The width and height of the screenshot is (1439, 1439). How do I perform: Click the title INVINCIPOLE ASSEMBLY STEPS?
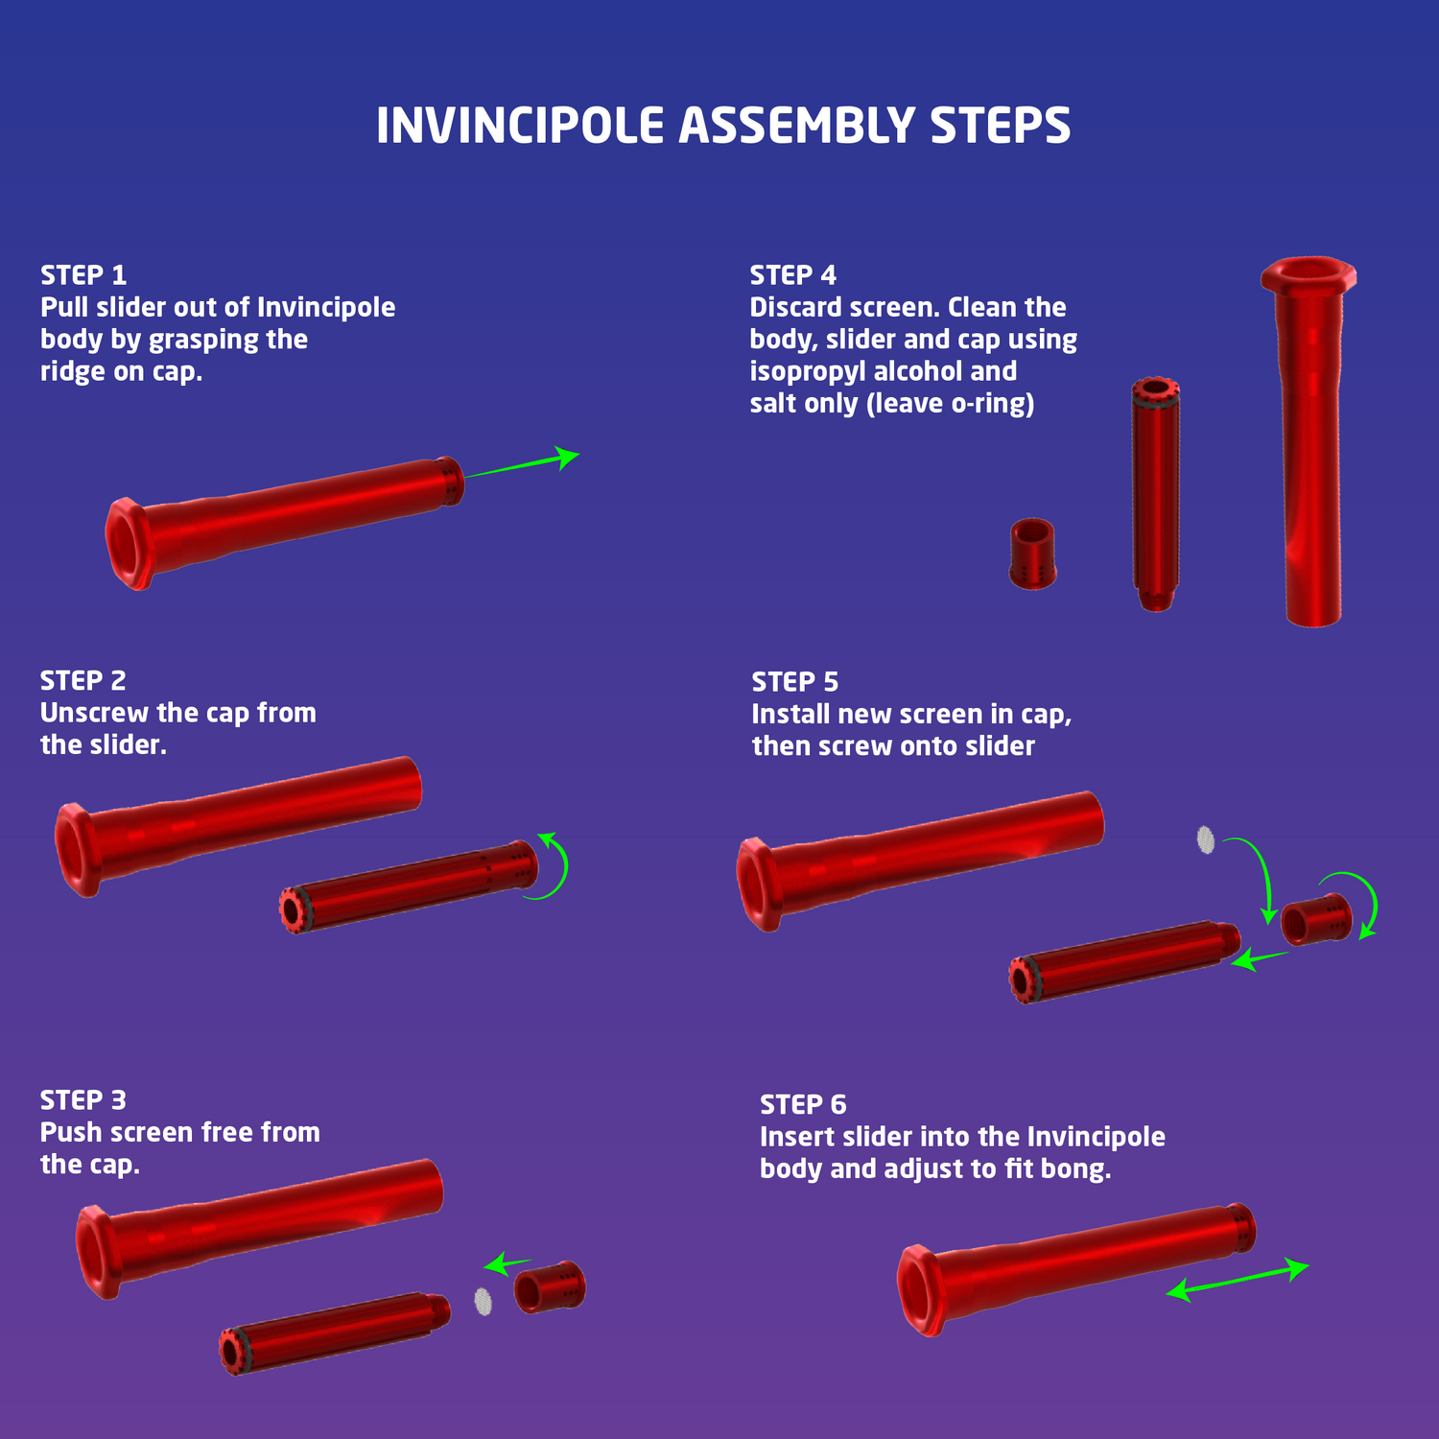[723, 126]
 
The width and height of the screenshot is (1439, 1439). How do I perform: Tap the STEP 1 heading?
[83, 275]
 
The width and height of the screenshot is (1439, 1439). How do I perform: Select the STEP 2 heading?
[83, 681]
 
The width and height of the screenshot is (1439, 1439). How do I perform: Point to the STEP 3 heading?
[83, 1100]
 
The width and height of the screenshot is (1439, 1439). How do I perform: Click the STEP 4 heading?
[793, 275]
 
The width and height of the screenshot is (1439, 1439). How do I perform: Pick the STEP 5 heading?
[795, 682]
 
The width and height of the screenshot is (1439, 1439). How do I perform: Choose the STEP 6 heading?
[804, 1105]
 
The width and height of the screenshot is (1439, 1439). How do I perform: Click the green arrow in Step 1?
[523, 464]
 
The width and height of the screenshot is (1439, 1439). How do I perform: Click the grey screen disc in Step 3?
[484, 1302]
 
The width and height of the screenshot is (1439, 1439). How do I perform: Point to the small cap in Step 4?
[1033, 554]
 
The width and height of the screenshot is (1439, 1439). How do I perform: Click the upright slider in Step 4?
[1156, 494]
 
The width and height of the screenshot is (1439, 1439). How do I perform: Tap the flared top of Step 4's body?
[1309, 274]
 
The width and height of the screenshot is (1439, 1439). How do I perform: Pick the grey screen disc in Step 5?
[1206, 839]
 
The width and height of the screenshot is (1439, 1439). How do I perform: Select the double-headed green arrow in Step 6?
[1238, 1281]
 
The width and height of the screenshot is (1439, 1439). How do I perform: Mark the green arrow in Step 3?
[507, 1263]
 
